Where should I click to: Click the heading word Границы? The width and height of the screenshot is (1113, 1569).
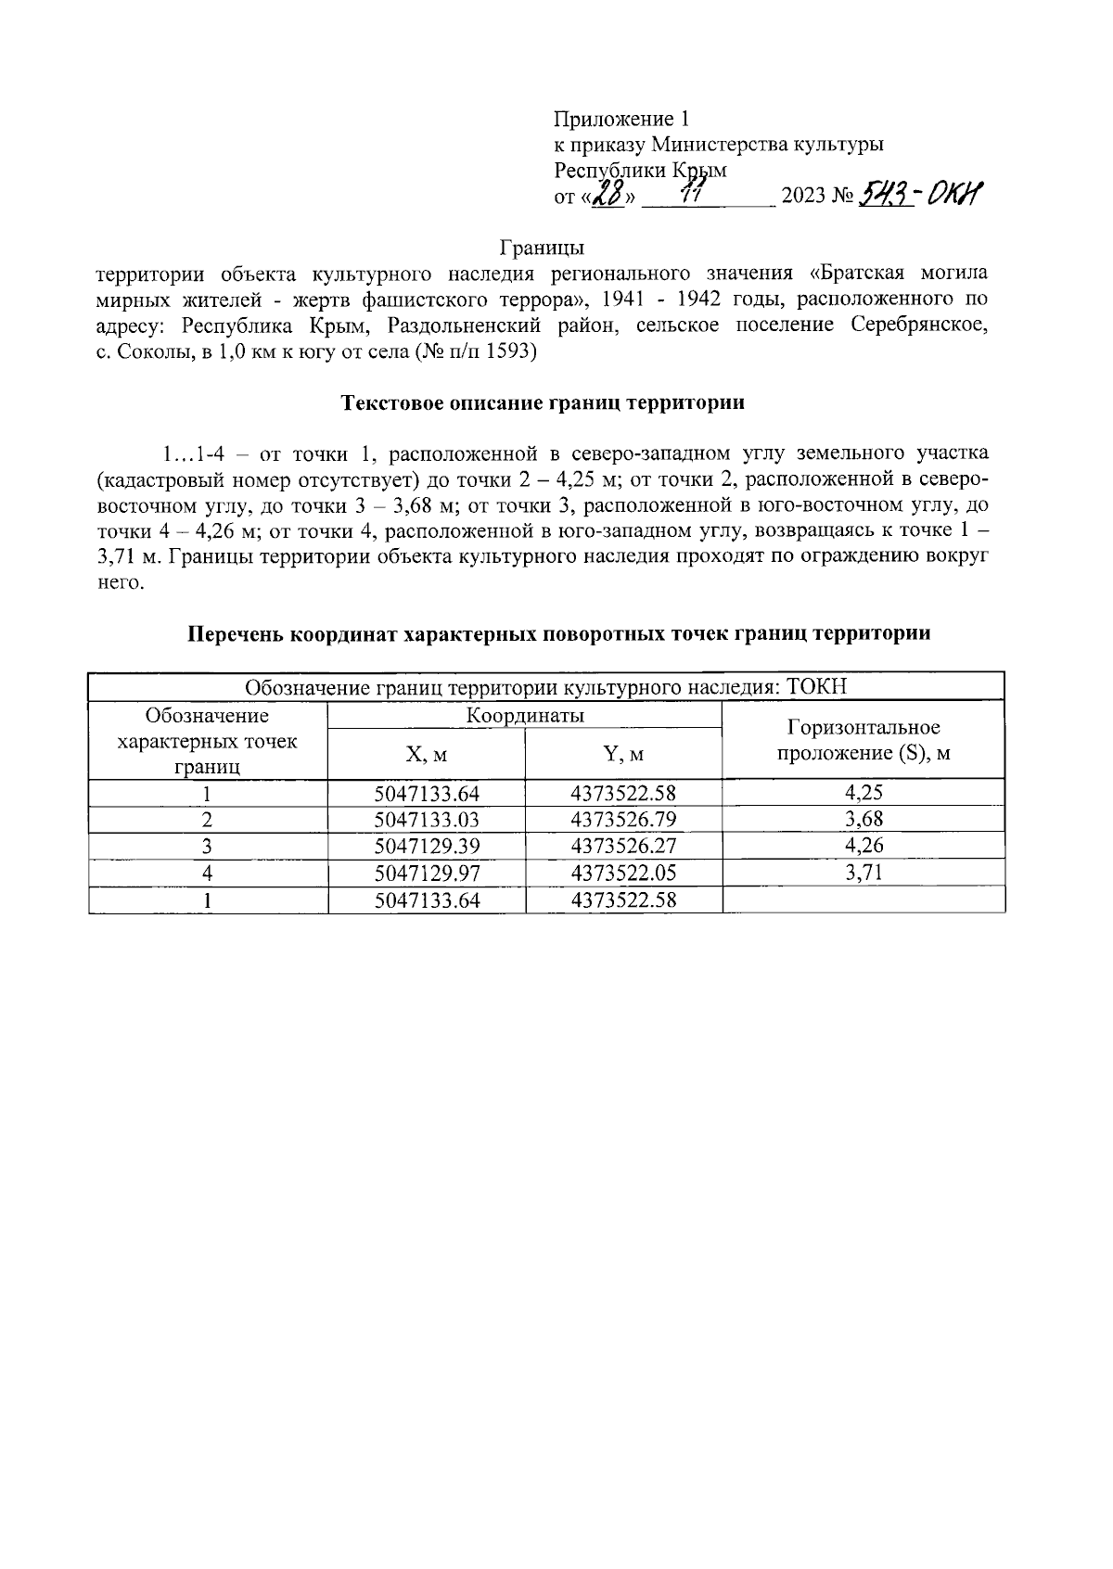coord(542,249)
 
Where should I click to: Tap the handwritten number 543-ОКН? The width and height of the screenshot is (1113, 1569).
coord(921,195)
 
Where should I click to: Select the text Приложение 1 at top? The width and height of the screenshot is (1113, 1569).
coord(621,119)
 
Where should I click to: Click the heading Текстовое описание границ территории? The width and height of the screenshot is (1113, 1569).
coord(544,403)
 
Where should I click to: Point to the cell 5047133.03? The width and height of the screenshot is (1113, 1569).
coord(427,820)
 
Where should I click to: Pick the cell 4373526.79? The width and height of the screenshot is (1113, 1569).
coord(623,820)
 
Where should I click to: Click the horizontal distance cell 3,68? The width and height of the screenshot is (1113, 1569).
coord(864,820)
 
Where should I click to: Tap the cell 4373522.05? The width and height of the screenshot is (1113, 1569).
coord(623,873)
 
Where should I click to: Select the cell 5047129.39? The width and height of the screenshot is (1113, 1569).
coord(427,846)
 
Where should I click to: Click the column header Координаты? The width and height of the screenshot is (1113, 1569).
coord(525,716)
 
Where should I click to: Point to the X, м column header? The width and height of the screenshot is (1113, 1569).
coord(427,755)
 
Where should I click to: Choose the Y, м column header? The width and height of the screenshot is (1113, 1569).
coord(623,755)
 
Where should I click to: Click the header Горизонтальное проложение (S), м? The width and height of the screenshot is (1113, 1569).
coord(864,740)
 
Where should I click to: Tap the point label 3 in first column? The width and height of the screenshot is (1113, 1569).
coord(208,846)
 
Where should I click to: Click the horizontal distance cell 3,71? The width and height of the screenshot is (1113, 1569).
coord(864,873)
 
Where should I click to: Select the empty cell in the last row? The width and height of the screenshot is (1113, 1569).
coord(864,899)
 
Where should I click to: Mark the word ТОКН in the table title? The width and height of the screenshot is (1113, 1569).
coord(817,687)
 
